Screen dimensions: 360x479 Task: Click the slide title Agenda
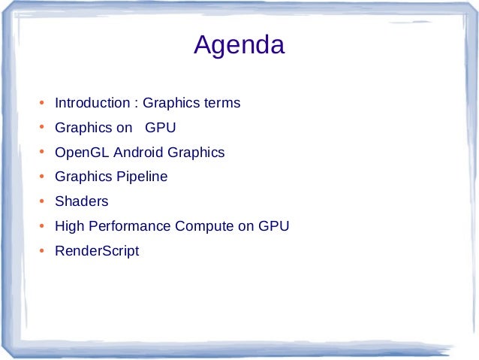tap(239, 46)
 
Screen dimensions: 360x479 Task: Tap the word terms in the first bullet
tap(222, 103)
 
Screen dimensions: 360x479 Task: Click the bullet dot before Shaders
tap(42, 201)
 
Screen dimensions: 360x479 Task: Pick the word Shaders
tap(81, 201)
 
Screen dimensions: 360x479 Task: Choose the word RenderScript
tap(97, 251)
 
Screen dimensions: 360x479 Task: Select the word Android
tap(138, 153)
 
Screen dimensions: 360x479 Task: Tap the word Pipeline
tap(142, 177)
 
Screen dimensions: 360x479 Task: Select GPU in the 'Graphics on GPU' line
tap(160, 128)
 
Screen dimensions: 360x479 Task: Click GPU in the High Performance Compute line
tap(273, 226)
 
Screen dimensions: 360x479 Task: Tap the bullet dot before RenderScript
tap(42, 251)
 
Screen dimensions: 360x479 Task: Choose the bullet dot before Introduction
tap(42, 103)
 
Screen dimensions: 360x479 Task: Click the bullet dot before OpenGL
tap(42, 153)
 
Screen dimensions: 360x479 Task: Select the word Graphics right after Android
tap(196, 153)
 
